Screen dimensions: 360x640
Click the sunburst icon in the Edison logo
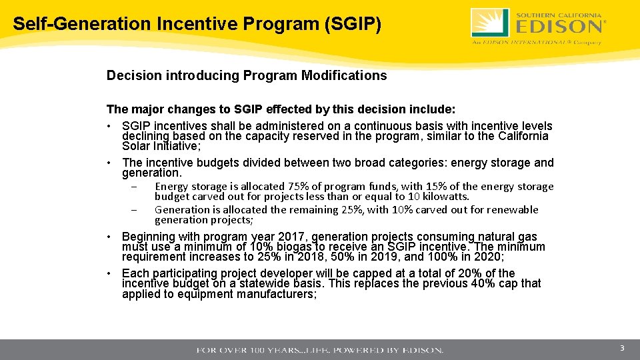[490, 23]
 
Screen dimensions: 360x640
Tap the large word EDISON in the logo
[559, 27]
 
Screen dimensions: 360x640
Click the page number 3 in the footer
[621, 349]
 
